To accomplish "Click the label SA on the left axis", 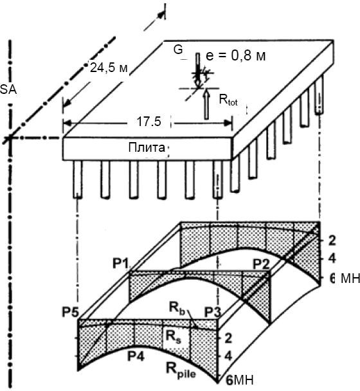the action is click(8, 90).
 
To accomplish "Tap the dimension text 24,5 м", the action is click(109, 68).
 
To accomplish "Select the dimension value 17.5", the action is click(149, 122).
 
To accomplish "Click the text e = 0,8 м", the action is click(235, 56).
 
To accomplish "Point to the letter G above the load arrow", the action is click(178, 50).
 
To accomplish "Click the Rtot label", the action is click(228, 100).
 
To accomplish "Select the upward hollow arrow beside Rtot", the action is click(206, 104).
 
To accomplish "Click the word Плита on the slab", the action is click(147, 148).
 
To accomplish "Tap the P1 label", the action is click(120, 264).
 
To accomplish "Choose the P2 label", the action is click(261, 264).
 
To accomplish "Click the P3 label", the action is click(213, 312).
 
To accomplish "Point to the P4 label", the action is click(136, 356).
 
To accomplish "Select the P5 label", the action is click(70, 312).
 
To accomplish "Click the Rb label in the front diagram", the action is click(177, 308).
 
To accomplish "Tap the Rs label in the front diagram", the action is click(174, 338).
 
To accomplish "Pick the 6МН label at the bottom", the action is click(240, 380).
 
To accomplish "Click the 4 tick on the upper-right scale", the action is click(332, 258).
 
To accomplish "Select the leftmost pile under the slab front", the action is click(78, 179).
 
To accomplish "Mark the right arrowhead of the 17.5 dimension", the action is click(228, 123).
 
